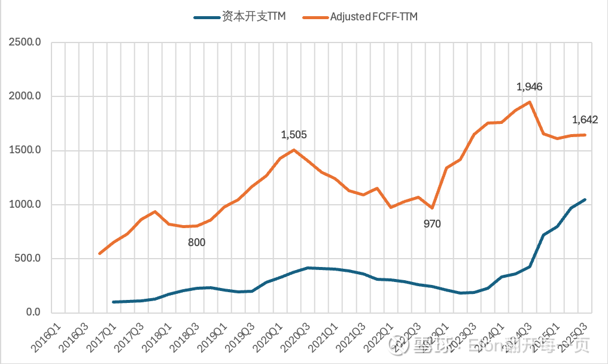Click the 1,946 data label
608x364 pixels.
529,87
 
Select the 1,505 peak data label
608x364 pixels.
294,135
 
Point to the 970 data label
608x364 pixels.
431,225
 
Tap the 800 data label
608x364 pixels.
196,242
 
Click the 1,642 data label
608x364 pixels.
585,120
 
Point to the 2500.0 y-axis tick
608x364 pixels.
25,43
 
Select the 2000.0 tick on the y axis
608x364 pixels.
25,96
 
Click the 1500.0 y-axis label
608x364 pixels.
25,150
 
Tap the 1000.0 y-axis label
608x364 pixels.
25,205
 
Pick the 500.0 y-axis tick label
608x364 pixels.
27,259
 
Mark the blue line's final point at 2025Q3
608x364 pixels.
585,199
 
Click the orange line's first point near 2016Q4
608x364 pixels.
100,254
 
